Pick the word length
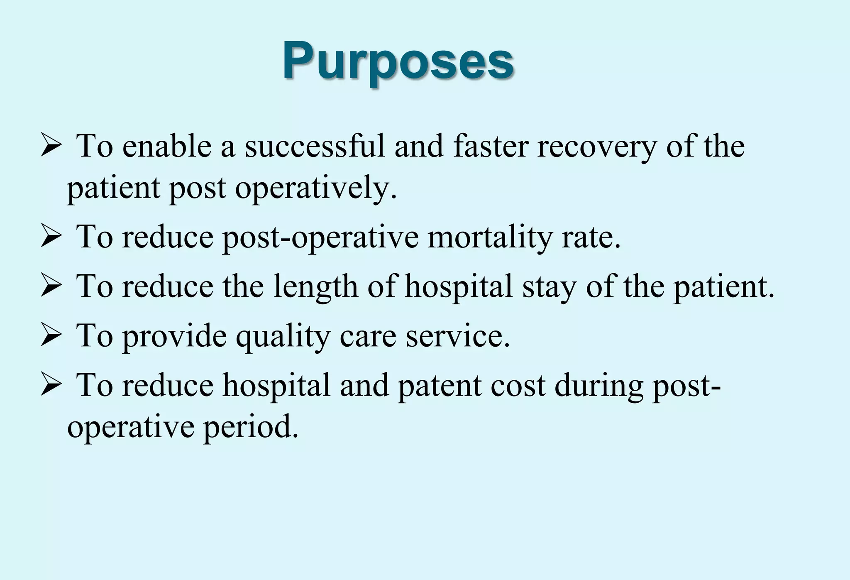(x=315, y=287)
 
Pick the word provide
(x=174, y=336)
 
